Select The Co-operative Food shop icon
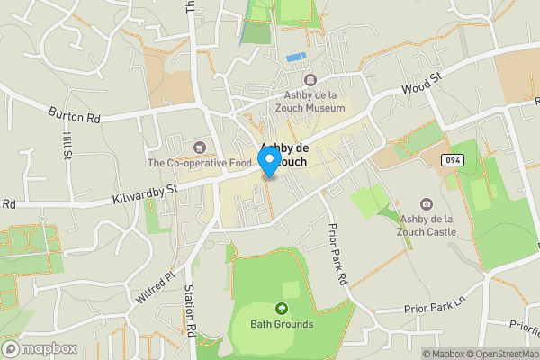[x=199, y=147]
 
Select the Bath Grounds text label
[x=282, y=324]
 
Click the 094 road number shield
[x=452, y=159]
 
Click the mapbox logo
[x=37, y=348]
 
